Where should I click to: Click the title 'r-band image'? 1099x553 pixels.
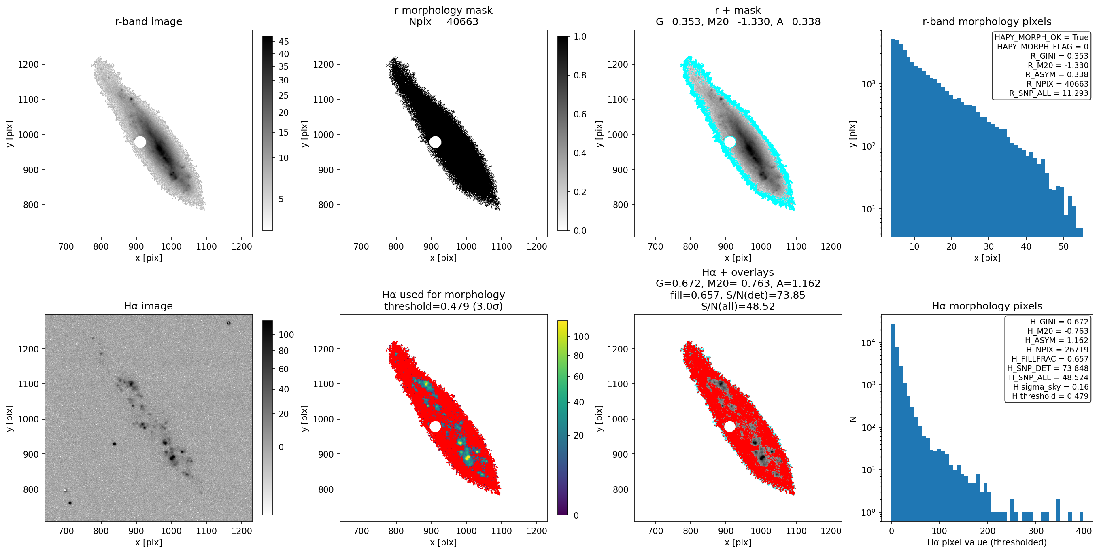(x=149, y=22)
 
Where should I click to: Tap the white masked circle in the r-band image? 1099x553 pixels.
(x=140, y=142)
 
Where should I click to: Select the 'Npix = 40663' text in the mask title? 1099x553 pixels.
(x=443, y=22)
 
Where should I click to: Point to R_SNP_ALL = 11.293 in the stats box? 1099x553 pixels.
(x=1049, y=93)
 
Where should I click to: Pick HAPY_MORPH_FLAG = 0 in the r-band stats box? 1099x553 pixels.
(x=1043, y=47)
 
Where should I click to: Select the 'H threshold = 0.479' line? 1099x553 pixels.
(x=1050, y=396)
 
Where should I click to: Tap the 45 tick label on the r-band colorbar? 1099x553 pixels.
(x=284, y=42)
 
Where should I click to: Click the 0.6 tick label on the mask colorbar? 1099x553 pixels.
(x=580, y=114)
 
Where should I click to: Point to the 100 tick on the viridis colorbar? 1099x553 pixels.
(x=581, y=337)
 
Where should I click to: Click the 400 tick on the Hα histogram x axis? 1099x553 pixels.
(x=1084, y=531)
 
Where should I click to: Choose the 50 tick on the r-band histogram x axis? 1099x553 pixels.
(x=1064, y=246)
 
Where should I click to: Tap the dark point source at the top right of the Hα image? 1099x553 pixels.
(x=229, y=323)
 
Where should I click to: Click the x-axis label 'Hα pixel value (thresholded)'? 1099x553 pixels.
(x=987, y=542)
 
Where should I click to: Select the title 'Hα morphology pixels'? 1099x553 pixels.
(x=987, y=306)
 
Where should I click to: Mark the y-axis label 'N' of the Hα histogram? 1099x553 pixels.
(x=853, y=419)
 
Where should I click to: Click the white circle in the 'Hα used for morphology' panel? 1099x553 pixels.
(x=435, y=426)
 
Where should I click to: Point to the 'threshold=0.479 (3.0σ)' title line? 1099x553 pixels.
(x=443, y=306)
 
